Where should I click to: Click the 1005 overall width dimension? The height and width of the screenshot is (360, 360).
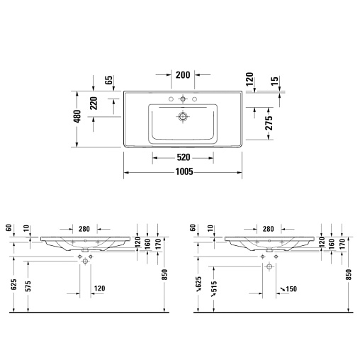184,171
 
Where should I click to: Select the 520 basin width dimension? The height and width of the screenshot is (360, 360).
184,157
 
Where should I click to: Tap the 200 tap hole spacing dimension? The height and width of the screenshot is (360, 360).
183,75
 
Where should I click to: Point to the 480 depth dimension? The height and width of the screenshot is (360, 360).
77,116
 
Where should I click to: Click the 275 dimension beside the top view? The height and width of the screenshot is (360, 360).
269,123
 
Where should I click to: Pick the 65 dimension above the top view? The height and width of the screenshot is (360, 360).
109,80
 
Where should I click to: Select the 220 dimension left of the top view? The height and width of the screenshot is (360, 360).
94,103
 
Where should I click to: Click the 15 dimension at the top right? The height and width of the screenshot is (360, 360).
274,81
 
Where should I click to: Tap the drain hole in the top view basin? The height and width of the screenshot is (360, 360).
183,116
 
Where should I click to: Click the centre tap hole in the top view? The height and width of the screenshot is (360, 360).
183,99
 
